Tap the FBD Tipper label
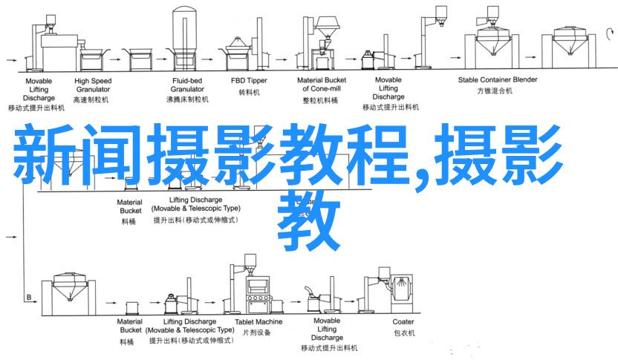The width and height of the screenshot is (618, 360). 247,79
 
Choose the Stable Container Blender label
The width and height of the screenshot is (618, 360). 497,79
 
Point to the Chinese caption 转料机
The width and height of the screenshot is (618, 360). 247,93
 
